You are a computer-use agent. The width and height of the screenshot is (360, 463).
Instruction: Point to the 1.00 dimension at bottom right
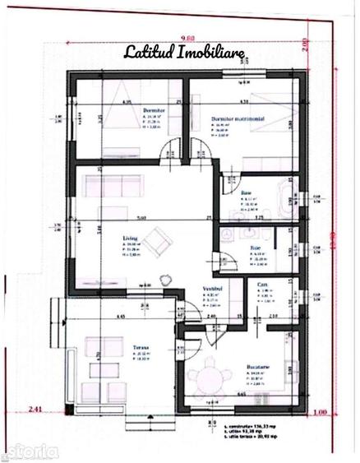321,411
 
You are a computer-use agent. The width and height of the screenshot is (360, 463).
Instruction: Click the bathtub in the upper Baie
287,196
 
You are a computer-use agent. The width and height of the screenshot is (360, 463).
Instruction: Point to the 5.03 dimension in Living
141,217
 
